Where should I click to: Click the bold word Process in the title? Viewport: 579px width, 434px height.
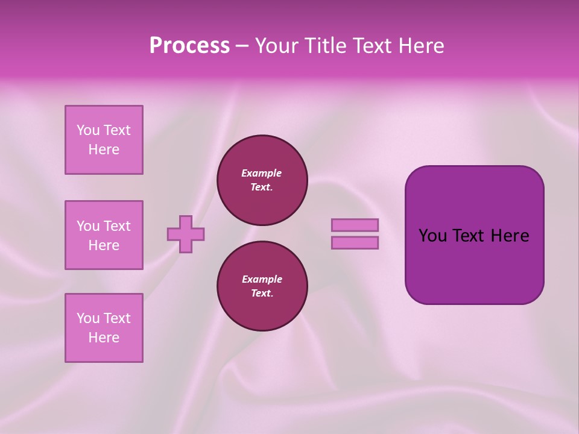click(189, 46)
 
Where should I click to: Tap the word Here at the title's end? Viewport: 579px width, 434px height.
click(420, 46)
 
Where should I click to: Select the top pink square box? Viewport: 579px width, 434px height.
click(104, 140)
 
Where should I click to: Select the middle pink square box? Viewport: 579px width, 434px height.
click(104, 235)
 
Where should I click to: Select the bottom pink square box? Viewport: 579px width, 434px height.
click(104, 328)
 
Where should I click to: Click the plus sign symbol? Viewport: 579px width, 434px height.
click(186, 234)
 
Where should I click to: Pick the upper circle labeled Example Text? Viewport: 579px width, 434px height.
click(262, 180)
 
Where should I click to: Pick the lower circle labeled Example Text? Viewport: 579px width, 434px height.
click(262, 286)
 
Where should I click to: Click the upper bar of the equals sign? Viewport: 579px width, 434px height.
click(355, 225)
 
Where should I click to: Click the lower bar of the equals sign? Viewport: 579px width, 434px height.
click(355, 243)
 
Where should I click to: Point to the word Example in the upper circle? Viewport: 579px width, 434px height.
click(261, 173)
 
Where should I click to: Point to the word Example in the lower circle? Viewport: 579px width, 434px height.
click(262, 279)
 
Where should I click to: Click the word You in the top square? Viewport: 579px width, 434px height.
click(87, 130)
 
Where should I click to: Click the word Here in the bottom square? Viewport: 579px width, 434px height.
click(104, 338)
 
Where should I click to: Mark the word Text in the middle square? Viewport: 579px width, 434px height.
click(116, 226)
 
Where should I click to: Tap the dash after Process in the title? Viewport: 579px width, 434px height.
click(242, 46)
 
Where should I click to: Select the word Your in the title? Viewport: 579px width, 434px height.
click(275, 46)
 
